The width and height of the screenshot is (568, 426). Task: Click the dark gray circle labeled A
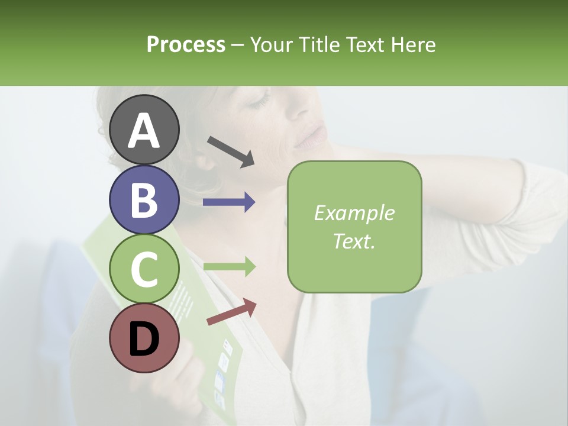[144, 130]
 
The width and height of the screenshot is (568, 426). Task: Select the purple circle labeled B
[144, 199]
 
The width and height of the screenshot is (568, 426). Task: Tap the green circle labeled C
[144, 269]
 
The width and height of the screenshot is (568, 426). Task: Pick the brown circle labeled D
[144, 338]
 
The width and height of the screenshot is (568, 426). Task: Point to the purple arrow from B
[229, 202]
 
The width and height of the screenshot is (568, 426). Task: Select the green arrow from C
[229, 267]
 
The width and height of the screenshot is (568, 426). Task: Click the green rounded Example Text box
[354, 227]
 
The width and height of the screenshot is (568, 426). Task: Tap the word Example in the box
[354, 213]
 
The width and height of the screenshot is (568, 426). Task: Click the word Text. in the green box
[354, 241]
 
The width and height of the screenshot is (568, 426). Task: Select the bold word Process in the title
[186, 44]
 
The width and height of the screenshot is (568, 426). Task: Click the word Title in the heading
[320, 44]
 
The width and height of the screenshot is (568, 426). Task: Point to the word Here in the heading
[412, 44]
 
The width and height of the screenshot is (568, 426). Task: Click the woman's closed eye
[259, 101]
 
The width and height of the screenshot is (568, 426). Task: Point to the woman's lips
[309, 137]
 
